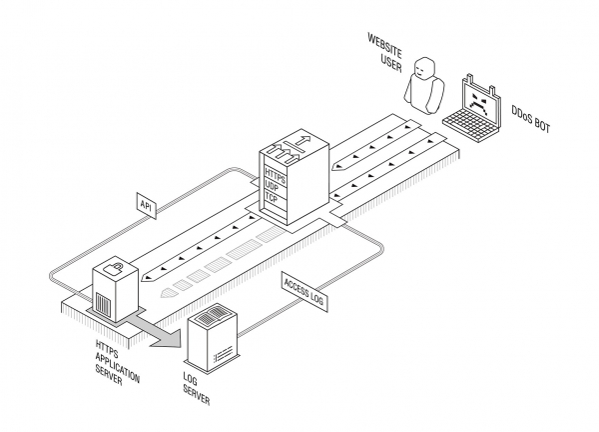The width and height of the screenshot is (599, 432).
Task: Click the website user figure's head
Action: (426, 68)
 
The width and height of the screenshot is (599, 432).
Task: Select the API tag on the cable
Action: (146, 205)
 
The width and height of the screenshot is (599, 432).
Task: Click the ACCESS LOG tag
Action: (303, 285)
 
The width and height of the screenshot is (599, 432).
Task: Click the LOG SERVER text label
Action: (195, 385)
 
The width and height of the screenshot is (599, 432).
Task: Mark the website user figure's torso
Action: (423, 92)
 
